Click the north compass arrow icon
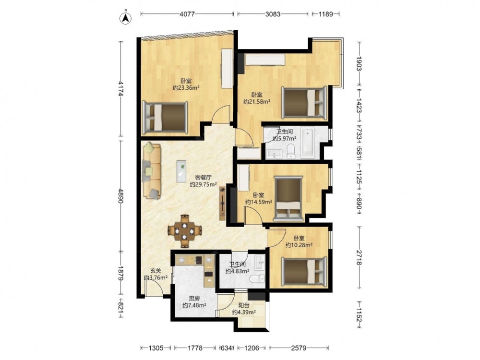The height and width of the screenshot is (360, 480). [x=125, y=18]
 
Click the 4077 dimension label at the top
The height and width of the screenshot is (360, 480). [x=187, y=14]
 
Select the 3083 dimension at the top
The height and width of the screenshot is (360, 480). [x=273, y=14]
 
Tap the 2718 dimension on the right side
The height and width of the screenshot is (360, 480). [x=360, y=258]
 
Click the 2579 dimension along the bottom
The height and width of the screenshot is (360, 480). [x=299, y=348]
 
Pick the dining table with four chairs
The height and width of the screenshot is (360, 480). [x=185, y=231]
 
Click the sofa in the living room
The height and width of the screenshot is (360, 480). [x=152, y=170]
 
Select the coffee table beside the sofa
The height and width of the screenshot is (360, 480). [x=181, y=171]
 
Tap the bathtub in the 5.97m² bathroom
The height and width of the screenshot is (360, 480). [x=307, y=143]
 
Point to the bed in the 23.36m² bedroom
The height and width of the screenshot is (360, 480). [x=165, y=118]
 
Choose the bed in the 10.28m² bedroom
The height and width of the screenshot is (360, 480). [x=304, y=272]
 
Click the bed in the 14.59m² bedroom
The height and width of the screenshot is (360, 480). [x=288, y=198]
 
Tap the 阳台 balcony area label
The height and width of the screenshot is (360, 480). [x=244, y=305]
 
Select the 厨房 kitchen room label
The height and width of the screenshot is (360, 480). [x=194, y=298]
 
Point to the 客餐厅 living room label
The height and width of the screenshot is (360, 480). [x=204, y=177]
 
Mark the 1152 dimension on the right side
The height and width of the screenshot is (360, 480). [x=360, y=314]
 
